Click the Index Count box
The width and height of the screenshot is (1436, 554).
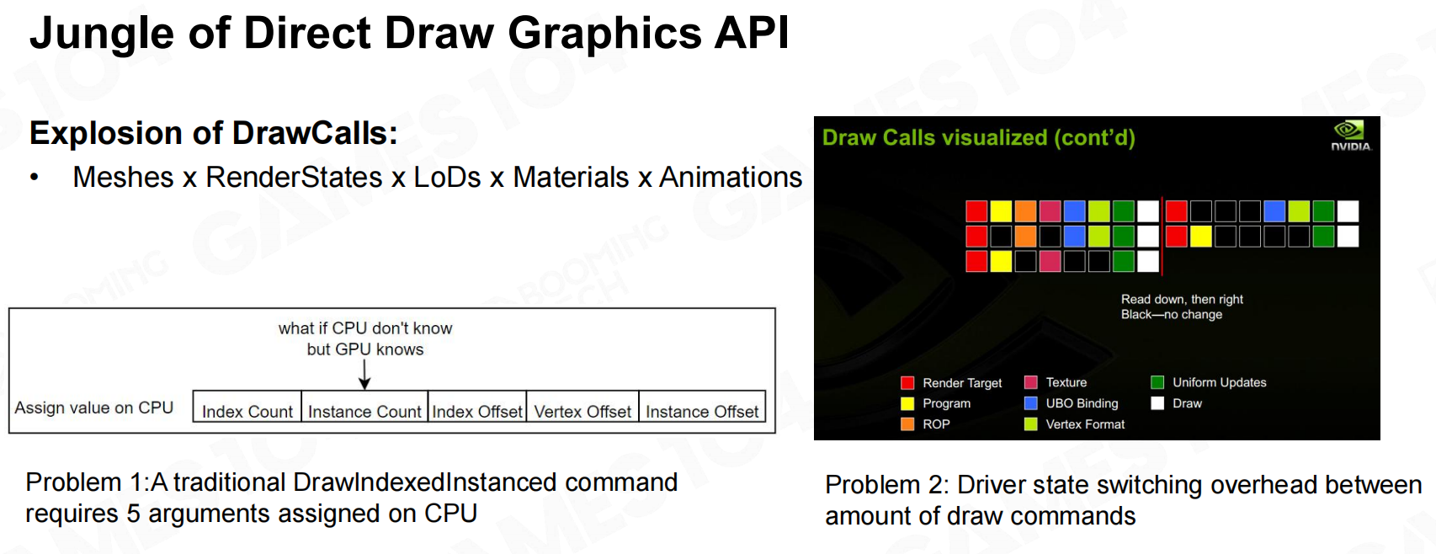(247, 406)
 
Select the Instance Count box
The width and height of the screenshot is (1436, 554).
(364, 406)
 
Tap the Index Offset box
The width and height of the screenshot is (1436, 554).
(477, 406)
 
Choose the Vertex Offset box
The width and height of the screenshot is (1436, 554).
(582, 406)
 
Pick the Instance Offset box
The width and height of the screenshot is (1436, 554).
(702, 406)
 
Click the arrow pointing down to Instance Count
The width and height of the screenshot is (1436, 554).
(364, 375)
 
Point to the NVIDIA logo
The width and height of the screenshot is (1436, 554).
(1351, 136)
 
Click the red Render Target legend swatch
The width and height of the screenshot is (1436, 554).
(907, 383)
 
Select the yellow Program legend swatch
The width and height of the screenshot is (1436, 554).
(907, 403)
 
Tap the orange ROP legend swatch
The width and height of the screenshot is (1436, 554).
(907, 423)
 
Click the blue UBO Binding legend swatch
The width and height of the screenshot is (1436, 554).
(1031, 402)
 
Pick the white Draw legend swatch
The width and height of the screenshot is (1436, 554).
(1157, 402)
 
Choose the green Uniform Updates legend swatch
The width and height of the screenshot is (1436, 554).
(1157, 382)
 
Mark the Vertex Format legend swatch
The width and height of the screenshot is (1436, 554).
(1031, 423)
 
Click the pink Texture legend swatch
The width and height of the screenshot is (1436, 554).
(1031, 382)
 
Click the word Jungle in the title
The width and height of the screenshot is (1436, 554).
(102, 35)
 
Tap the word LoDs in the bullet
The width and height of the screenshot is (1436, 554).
(447, 177)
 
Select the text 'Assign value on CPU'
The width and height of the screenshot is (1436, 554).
(94, 408)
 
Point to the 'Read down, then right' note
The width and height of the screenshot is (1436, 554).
(1182, 299)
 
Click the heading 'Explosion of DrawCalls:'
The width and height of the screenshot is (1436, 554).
(214, 133)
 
